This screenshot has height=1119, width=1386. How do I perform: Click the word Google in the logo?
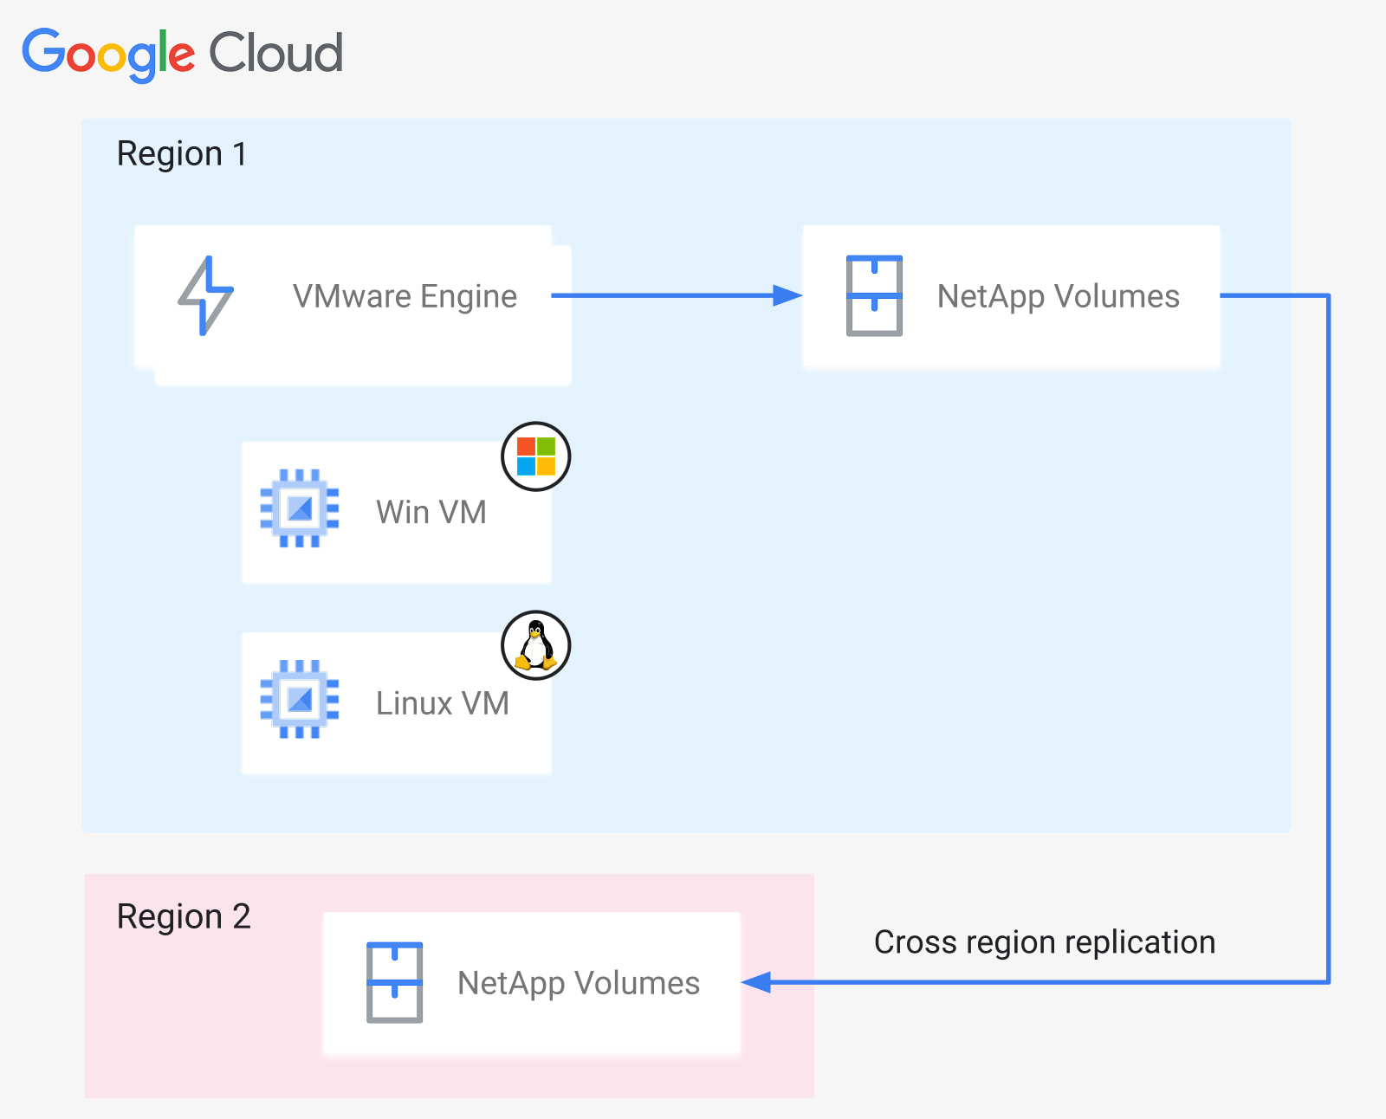(x=108, y=55)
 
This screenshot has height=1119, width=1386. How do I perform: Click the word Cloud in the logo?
(x=275, y=53)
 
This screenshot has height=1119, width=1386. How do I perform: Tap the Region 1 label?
(x=182, y=154)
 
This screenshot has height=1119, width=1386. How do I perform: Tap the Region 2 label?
(x=184, y=916)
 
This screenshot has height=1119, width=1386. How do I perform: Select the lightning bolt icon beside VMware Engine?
(x=205, y=295)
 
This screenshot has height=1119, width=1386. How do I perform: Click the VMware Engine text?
(x=405, y=297)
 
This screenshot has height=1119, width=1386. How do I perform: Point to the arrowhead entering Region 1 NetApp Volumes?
(x=788, y=295)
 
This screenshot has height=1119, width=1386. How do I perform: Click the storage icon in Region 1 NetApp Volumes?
(x=874, y=295)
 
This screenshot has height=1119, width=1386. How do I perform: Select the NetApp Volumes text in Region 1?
(x=1058, y=297)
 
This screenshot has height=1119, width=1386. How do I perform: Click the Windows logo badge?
(x=535, y=456)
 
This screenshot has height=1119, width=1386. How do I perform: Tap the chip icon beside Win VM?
(x=300, y=508)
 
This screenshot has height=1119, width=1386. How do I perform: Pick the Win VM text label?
(x=431, y=512)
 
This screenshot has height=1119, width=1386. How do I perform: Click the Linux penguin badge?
(x=535, y=645)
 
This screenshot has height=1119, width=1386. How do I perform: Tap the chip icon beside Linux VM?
(x=300, y=700)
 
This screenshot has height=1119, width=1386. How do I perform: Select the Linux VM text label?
(x=443, y=703)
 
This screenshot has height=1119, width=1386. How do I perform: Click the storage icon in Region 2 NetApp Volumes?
(x=394, y=982)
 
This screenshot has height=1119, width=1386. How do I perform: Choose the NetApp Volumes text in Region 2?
(x=579, y=984)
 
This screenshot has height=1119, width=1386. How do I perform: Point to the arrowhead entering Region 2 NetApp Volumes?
(x=756, y=982)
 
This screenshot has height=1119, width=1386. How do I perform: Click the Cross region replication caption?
(x=1045, y=942)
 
